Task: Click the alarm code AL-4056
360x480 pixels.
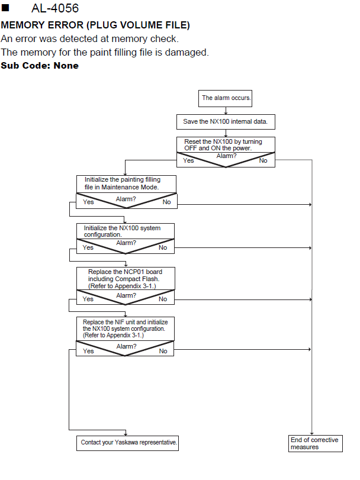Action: click(x=55, y=8)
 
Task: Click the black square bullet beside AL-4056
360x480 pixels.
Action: click(x=5, y=7)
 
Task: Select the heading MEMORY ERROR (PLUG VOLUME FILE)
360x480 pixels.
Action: click(x=95, y=25)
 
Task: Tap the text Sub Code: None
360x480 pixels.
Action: click(x=40, y=66)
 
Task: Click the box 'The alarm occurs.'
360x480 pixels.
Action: click(x=226, y=98)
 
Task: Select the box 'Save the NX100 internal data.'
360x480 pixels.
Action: click(x=226, y=122)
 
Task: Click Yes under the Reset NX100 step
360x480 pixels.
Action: click(x=188, y=160)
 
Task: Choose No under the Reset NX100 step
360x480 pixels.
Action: click(x=263, y=160)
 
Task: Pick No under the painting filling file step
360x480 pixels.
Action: click(x=166, y=202)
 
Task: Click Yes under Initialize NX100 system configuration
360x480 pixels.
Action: click(x=88, y=247)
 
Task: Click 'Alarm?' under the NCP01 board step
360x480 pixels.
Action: click(x=126, y=295)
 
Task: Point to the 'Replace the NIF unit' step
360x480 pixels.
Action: click(x=125, y=328)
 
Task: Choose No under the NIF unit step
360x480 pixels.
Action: click(x=163, y=351)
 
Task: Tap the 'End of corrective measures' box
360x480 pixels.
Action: click(x=316, y=443)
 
